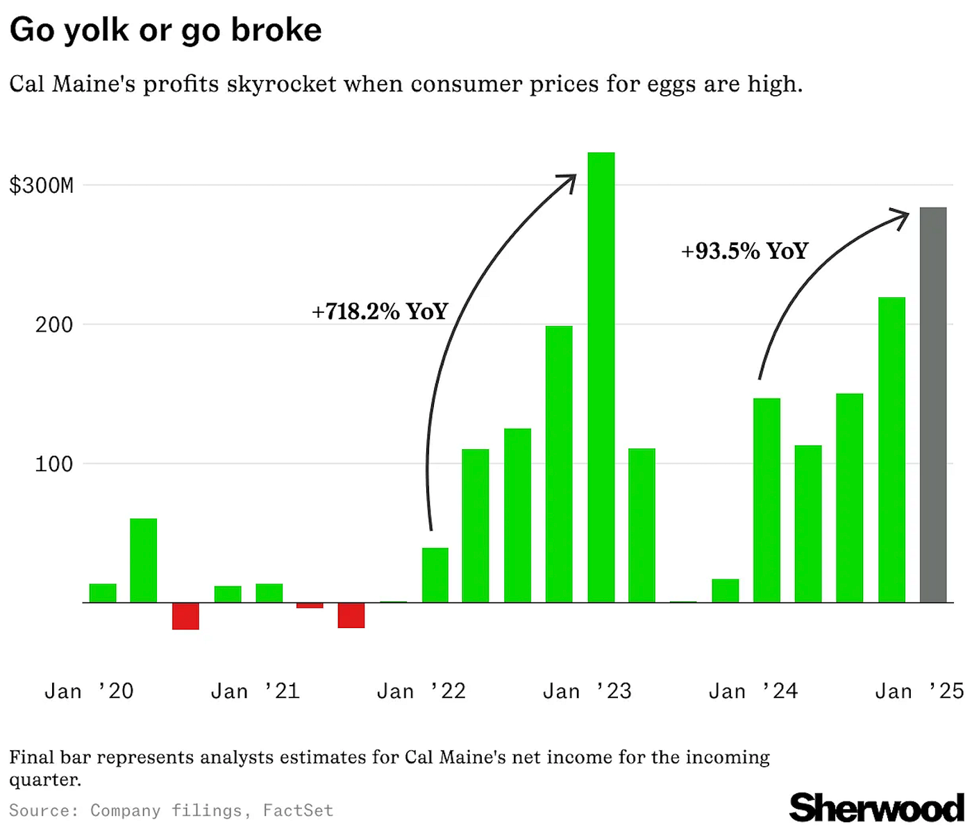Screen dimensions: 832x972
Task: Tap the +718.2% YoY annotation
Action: pyautogui.click(x=380, y=312)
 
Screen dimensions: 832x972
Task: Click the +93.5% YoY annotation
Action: pyautogui.click(x=744, y=251)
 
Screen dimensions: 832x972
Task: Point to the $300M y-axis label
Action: pyautogui.click(x=41, y=186)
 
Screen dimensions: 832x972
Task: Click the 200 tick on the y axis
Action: pyautogui.click(x=53, y=325)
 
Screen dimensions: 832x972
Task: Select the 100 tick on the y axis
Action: pyautogui.click(x=53, y=464)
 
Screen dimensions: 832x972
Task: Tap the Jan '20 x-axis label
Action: pyautogui.click(x=89, y=691)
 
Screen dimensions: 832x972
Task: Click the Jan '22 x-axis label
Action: pyautogui.click(x=421, y=691)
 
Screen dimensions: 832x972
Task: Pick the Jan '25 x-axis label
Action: pyautogui.click(x=919, y=691)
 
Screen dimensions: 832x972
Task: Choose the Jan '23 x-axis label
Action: pyautogui.click(x=587, y=691)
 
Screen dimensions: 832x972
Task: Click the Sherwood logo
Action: pyautogui.click(x=876, y=808)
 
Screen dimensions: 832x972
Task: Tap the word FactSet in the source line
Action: pyautogui.click(x=298, y=810)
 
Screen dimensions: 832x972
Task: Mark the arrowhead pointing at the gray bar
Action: pyautogui.click(x=902, y=217)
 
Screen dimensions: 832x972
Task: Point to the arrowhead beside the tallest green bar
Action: pyautogui.click(x=569, y=182)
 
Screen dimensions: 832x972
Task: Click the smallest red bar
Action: pyautogui.click(x=310, y=606)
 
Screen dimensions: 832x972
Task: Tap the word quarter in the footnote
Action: pyautogui.click(x=44, y=780)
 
